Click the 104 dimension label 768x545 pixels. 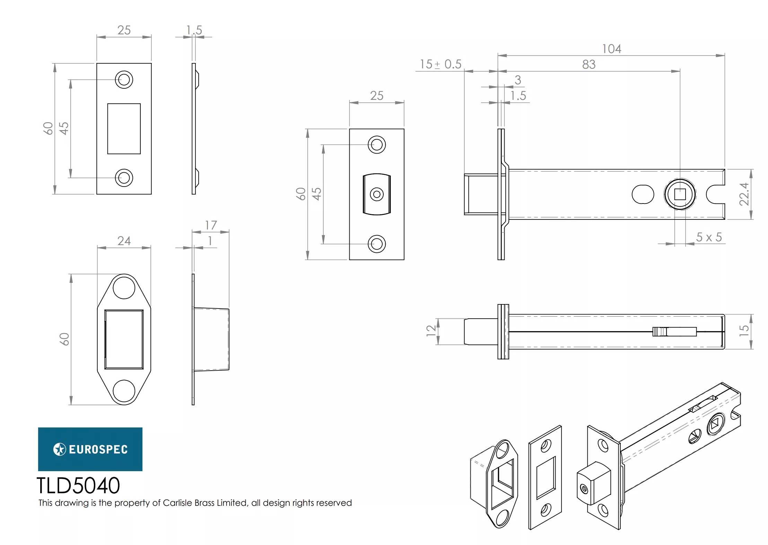611,49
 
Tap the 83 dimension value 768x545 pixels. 588,64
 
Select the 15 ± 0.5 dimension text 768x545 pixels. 440,64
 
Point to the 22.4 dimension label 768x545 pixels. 744,194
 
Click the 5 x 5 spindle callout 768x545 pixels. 709,237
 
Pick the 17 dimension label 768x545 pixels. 211,225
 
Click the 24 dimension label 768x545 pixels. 124,241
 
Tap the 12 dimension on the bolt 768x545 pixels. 431,331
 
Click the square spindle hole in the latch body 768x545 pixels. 680,194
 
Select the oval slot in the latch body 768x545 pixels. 643,194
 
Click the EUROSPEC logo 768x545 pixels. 90,449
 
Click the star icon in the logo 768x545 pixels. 60,449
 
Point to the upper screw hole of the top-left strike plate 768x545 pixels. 124,80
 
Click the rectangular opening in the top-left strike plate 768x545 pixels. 124,129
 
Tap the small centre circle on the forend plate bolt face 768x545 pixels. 376,194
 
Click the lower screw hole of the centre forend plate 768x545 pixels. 376,244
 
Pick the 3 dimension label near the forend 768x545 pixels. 518,80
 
